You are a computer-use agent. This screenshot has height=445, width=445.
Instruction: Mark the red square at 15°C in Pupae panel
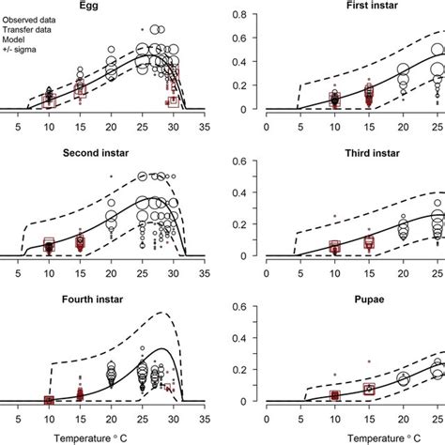[x=369, y=389]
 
